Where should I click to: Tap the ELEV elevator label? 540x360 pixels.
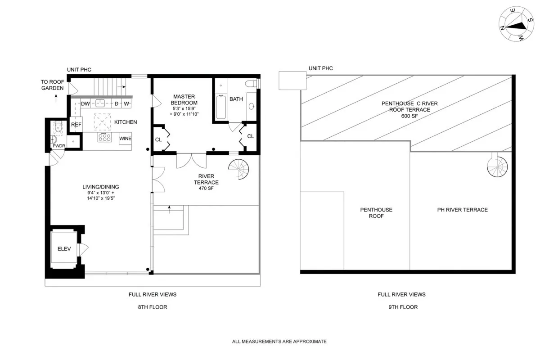point(62,248)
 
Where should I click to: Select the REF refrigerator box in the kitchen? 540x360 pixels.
point(76,125)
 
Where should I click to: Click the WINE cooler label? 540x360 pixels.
point(126,138)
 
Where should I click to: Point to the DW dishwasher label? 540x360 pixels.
point(85,104)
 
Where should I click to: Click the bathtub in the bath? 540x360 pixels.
point(220,106)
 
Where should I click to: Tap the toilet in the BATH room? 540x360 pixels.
point(251,84)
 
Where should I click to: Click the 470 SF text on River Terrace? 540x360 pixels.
point(206,189)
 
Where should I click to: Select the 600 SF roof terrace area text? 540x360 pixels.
point(409,116)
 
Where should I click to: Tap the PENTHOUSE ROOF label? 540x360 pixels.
point(376,213)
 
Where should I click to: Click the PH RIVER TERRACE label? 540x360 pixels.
point(462,210)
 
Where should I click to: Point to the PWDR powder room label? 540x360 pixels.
point(59,146)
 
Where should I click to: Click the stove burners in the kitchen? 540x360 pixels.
point(104,138)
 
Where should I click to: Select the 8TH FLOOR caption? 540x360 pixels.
point(153,307)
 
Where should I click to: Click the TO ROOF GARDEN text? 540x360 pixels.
point(53,85)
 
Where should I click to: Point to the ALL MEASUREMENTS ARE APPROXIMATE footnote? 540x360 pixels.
point(279,342)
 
